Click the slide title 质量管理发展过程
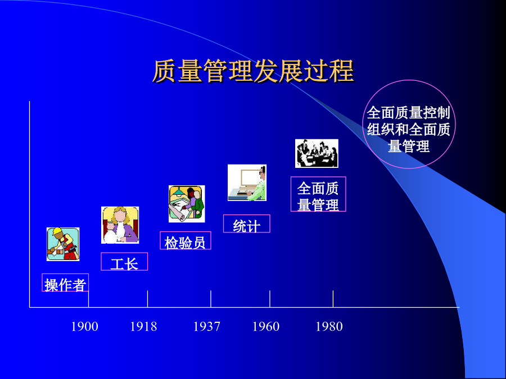[254, 71]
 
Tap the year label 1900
[84, 326]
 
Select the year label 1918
[143, 326]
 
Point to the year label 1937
[206, 326]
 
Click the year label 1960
[266, 326]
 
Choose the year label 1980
[329, 326]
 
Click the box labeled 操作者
[65, 282]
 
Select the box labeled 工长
[124, 261]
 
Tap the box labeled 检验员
[186, 240]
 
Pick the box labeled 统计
[247, 223]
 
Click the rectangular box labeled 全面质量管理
[318, 194]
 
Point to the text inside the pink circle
[409, 129]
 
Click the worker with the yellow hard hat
[63, 244]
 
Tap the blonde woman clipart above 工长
[120, 225]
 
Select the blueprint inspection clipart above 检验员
[187, 204]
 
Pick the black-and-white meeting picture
[317, 153]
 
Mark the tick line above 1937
[211, 299]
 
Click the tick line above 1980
[333, 299]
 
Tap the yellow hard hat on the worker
[57, 231]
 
